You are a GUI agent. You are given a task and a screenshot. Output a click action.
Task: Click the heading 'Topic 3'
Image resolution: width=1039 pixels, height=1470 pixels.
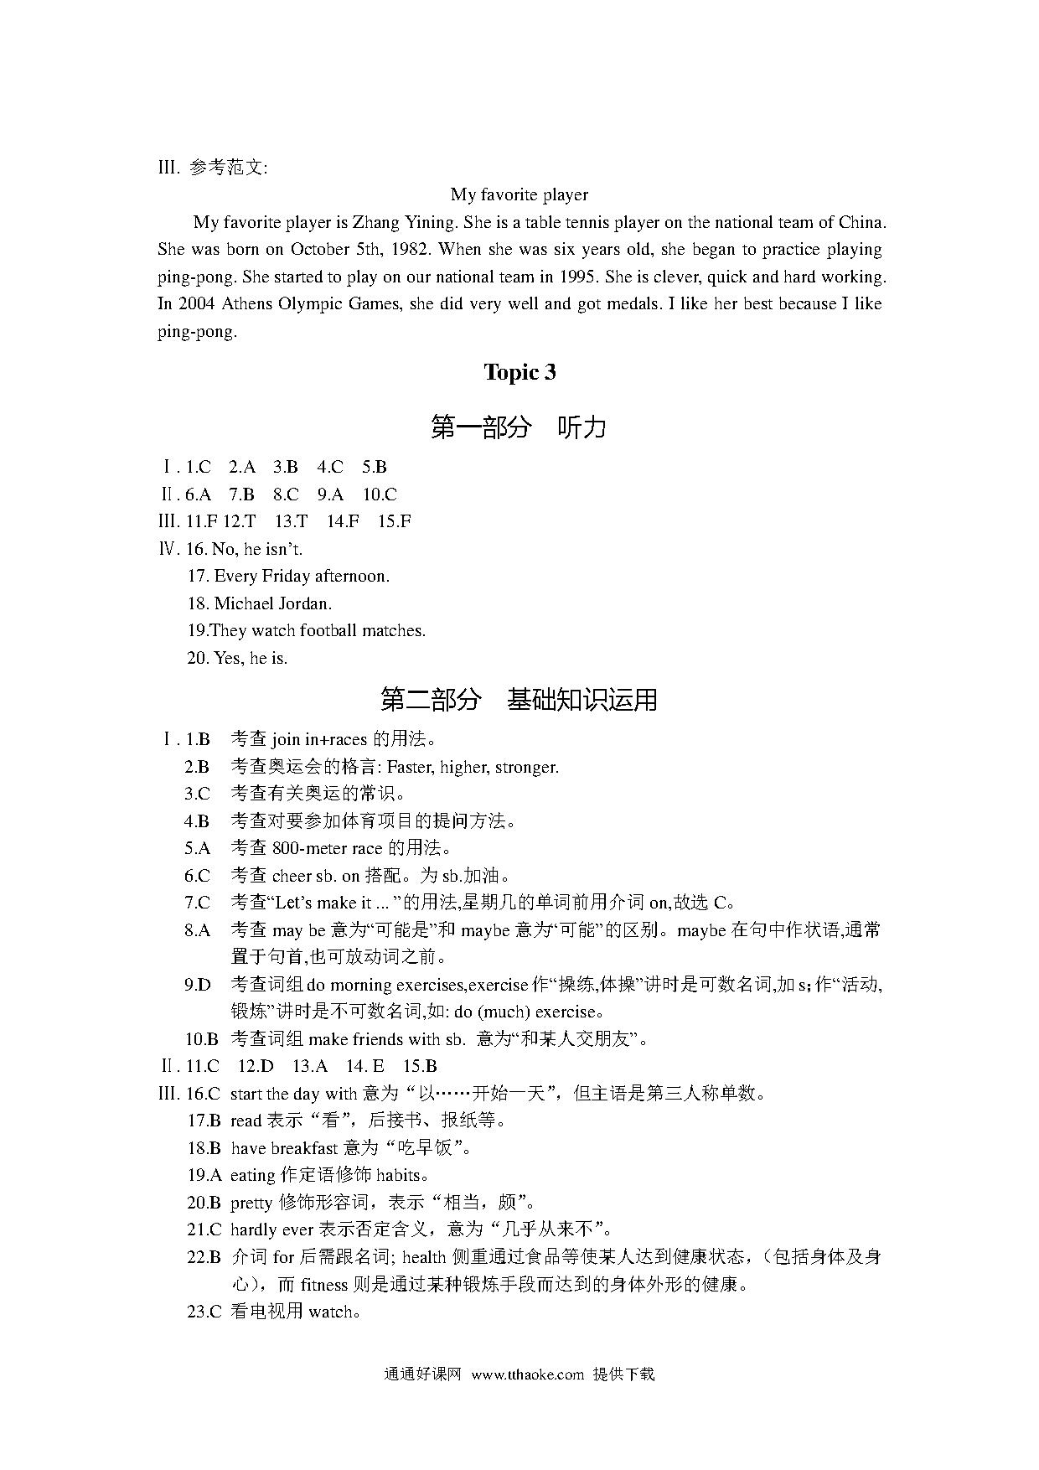[519, 373]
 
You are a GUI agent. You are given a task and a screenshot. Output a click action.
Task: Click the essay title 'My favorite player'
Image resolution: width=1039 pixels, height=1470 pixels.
[519, 194]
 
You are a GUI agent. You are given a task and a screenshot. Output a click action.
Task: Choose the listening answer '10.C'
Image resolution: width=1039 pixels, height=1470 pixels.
[380, 494]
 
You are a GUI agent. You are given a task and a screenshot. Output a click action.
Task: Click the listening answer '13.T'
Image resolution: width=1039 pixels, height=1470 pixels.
[291, 521]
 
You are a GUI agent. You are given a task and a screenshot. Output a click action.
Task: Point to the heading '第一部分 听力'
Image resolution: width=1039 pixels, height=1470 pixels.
[519, 427]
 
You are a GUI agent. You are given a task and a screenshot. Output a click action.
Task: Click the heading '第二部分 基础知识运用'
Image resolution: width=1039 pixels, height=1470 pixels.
[519, 699]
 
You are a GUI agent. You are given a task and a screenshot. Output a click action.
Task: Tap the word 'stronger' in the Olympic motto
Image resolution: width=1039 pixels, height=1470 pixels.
[526, 767]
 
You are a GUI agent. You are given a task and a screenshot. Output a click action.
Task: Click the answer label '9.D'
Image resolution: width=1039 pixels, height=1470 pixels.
[198, 985]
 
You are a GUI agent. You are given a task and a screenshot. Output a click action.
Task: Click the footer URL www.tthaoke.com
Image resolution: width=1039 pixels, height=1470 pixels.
[527, 1374]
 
